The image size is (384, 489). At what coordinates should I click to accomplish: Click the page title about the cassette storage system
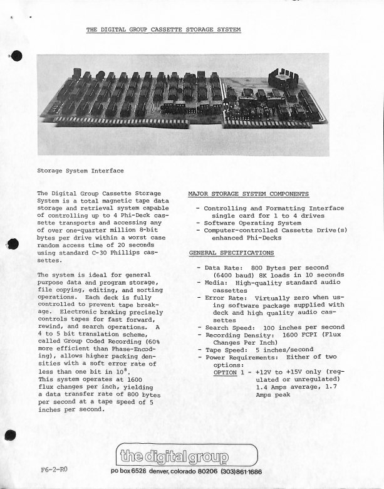[163, 29]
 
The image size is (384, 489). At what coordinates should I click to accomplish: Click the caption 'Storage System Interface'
[80, 170]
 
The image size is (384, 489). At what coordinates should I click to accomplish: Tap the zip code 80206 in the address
[199, 471]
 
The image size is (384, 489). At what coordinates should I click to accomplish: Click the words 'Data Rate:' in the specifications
[224, 266]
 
